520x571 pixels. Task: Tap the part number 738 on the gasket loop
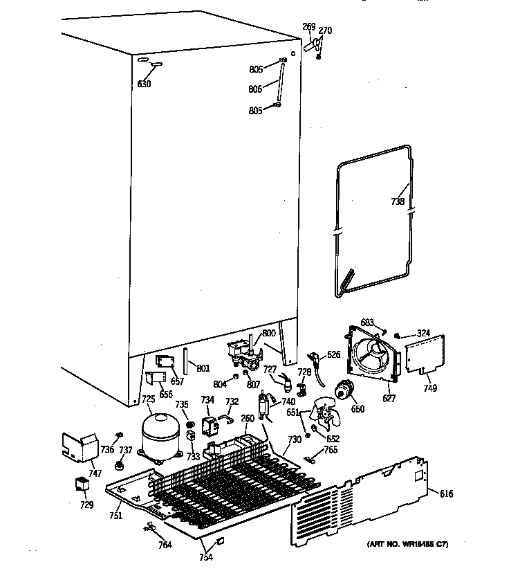pyautogui.click(x=397, y=202)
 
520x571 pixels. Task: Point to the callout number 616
pyautogui.click(x=447, y=493)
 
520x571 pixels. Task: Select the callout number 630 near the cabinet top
pyautogui.click(x=144, y=84)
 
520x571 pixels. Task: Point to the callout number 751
pyautogui.click(x=115, y=515)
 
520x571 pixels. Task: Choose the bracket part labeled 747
pyautogui.click(x=81, y=446)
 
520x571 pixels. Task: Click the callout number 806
pyautogui.click(x=255, y=89)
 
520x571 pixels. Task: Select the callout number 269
pyautogui.click(x=308, y=27)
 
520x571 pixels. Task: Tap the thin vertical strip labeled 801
pyautogui.click(x=185, y=359)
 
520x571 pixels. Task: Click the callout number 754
pyautogui.click(x=207, y=558)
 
